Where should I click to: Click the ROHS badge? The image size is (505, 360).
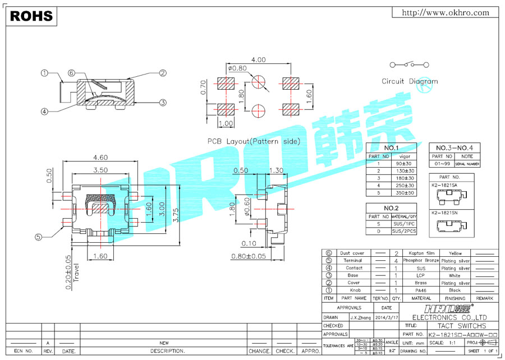(31, 16)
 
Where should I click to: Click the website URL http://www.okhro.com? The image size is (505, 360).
(446, 13)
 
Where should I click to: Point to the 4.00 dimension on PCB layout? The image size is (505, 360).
(259, 59)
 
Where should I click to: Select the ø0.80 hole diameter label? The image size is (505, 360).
(237, 68)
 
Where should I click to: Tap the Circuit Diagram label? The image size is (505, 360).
(409, 81)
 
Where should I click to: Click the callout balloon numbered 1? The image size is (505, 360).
(44, 73)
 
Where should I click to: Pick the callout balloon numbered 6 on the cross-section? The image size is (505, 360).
(71, 73)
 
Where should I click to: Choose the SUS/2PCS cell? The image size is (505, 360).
(404, 231)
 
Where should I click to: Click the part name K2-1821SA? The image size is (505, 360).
(444, 184)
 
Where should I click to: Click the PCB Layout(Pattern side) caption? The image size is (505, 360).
(254, 142)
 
